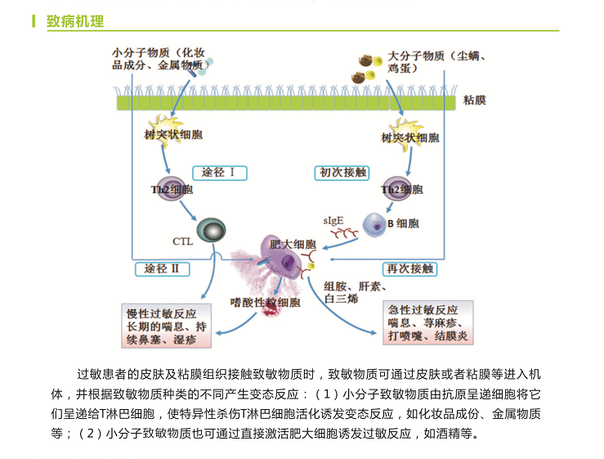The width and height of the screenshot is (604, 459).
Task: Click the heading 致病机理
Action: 74,20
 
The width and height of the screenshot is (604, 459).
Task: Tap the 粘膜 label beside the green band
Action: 474,101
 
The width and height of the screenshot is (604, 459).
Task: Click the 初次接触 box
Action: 342,173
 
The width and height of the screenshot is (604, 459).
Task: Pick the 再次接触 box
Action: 409,268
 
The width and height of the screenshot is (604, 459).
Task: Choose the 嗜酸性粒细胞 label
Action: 266,303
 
